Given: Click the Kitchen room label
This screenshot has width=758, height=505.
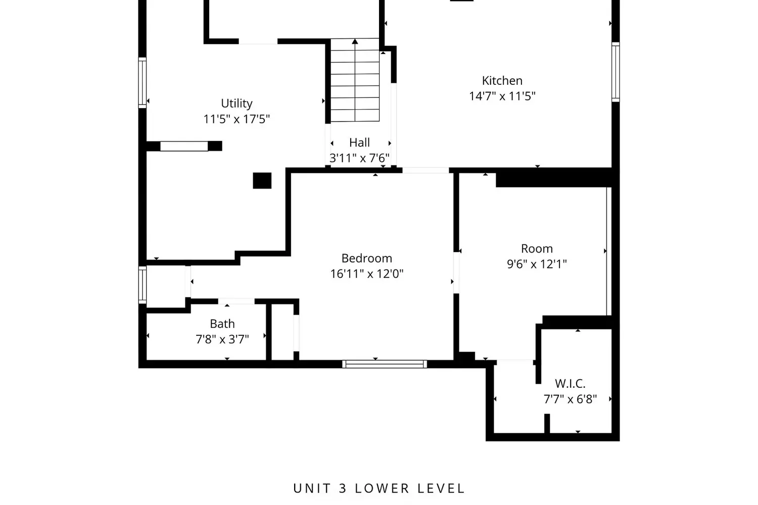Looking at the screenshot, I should [x=502, y=81].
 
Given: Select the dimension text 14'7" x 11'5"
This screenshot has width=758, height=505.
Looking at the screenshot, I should [x=502, y=96].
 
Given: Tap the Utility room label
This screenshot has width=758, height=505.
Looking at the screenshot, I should [x=236, y=104].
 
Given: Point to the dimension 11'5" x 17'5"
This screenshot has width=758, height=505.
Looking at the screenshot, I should [x=236, y=119].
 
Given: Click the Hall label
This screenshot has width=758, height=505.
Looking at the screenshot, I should [x=359, y=143].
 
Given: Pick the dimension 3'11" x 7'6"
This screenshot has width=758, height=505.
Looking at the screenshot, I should [x=359, y=158].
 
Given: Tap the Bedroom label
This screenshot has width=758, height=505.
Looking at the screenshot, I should [x=366, y=259].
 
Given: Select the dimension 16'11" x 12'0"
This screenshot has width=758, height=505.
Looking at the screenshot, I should [x=366, y=274].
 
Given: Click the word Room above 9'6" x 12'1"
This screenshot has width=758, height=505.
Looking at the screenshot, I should [x=537, y=249].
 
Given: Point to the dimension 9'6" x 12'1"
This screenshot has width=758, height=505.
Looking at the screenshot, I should [x=537, y=264].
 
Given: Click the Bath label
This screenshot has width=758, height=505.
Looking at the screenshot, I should [x=222, y=324].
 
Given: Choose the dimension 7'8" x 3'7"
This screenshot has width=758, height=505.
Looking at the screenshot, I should [x=222, y=339].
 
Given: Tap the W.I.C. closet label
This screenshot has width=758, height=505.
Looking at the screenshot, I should [x=570, y=384].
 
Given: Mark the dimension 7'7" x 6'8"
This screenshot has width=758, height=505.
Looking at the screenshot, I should [x=570, y=399].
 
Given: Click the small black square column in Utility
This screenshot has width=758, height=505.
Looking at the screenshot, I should [x=262, y=181].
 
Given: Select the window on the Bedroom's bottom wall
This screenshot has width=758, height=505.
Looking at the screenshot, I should [x=385, y=364].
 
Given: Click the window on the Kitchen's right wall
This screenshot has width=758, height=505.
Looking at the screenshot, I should [x=615, y=72].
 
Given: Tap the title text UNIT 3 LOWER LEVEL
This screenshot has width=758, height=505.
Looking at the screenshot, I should [x=379, y=488].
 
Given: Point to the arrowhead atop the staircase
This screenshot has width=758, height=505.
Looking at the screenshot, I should [x=355, y=41].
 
